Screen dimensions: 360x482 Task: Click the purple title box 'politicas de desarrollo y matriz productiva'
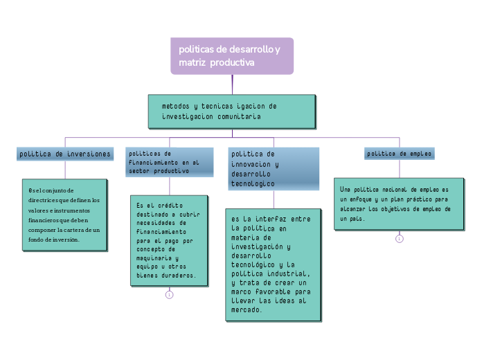coord(232,55)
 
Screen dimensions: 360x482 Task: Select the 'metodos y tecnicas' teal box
coord(232,111)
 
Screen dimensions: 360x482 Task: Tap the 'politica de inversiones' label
coord(65,154)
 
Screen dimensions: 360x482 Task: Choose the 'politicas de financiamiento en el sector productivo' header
coord(163,161)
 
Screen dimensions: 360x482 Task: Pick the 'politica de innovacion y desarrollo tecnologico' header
coord(274,168)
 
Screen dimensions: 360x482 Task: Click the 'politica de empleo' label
coord(400,154)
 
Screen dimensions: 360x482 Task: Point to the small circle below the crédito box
coord(170,295)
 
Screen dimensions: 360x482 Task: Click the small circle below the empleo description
coord(400,239)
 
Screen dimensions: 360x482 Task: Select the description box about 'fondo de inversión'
coord(64,215)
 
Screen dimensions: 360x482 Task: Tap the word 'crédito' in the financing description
coord(170,206)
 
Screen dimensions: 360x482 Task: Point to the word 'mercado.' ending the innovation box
coord(247,309)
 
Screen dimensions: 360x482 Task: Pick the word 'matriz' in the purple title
coord(191,62)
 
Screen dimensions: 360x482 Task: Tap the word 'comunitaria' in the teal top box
coord(239,117)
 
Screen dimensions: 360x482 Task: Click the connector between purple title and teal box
coord(233,84)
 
